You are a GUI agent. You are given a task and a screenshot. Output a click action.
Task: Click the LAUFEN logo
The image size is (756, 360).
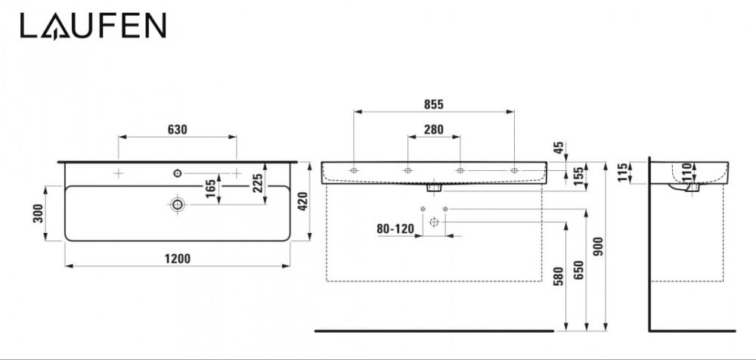[93, 26]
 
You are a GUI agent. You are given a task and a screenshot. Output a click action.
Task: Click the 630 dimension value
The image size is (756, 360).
[178, 129]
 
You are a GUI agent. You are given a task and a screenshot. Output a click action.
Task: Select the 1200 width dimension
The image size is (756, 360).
[178, 259]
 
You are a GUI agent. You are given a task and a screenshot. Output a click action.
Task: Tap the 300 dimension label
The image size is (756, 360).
[39, 213]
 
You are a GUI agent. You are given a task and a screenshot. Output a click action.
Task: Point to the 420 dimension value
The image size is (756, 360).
[302, 200]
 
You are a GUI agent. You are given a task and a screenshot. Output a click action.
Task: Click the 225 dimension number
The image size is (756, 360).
[259, 183]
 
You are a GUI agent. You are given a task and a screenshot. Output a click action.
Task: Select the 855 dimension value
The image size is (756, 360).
[433, 104]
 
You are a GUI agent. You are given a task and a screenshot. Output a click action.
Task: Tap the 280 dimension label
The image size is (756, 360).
[433, 129]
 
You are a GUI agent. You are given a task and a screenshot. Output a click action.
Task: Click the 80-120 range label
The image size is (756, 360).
[395, 228]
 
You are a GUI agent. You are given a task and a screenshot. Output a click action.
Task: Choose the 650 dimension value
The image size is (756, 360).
[580, 269]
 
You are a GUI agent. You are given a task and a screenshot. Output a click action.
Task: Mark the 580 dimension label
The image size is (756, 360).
[559, 276]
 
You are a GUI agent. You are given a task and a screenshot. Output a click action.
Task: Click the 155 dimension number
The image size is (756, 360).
[580, 172]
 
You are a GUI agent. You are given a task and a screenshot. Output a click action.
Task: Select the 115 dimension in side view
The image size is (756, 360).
[622, 172]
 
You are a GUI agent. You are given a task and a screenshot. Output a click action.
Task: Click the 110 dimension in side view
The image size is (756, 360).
[687, 172]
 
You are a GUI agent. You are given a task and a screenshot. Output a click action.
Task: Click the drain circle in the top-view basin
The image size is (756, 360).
[178, 205]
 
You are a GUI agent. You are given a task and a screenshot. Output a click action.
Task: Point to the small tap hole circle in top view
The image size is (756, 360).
[178, 173]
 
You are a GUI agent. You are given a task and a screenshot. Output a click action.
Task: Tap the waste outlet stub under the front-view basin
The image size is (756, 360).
[434, 186]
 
